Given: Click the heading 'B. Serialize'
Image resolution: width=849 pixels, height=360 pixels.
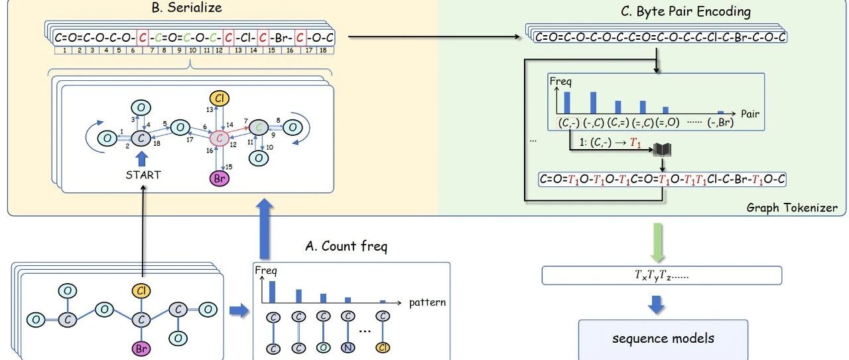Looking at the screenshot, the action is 186,7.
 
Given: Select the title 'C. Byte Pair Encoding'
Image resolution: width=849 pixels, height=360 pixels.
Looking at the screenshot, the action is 686,11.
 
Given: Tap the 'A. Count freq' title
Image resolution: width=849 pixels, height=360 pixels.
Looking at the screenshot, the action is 346,247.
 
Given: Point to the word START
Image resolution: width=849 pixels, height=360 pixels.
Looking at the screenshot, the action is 143,175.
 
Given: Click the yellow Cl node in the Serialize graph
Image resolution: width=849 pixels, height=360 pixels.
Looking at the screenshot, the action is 219,99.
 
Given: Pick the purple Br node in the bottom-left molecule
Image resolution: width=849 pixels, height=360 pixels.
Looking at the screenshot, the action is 141,348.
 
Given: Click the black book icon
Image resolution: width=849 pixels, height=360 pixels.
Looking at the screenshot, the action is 662,150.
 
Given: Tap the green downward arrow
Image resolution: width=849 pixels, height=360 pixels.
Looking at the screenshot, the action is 657,243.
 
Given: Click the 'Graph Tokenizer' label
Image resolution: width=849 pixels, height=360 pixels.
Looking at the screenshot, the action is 792,208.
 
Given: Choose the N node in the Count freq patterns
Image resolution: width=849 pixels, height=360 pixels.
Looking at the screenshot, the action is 348,347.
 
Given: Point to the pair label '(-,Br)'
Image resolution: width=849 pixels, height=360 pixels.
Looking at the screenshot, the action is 720,123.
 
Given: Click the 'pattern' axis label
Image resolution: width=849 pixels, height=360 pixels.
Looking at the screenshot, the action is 427,302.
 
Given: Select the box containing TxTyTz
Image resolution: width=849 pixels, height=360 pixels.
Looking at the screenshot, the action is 662,276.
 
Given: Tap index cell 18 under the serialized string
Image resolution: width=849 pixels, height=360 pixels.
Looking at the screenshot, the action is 323,50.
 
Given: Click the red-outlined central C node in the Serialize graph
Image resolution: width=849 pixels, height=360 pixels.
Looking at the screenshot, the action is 219,139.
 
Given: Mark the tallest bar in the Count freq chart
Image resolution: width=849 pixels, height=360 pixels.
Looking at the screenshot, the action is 272,292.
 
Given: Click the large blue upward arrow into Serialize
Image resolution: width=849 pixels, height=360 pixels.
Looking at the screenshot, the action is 264,229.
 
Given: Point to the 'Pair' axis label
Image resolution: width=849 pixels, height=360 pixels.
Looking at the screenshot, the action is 750,114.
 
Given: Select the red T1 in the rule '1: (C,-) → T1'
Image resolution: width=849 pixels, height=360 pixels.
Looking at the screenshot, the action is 635,143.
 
